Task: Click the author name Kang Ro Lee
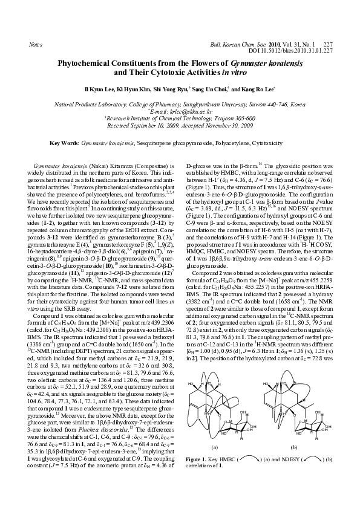(x=257, y=88)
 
